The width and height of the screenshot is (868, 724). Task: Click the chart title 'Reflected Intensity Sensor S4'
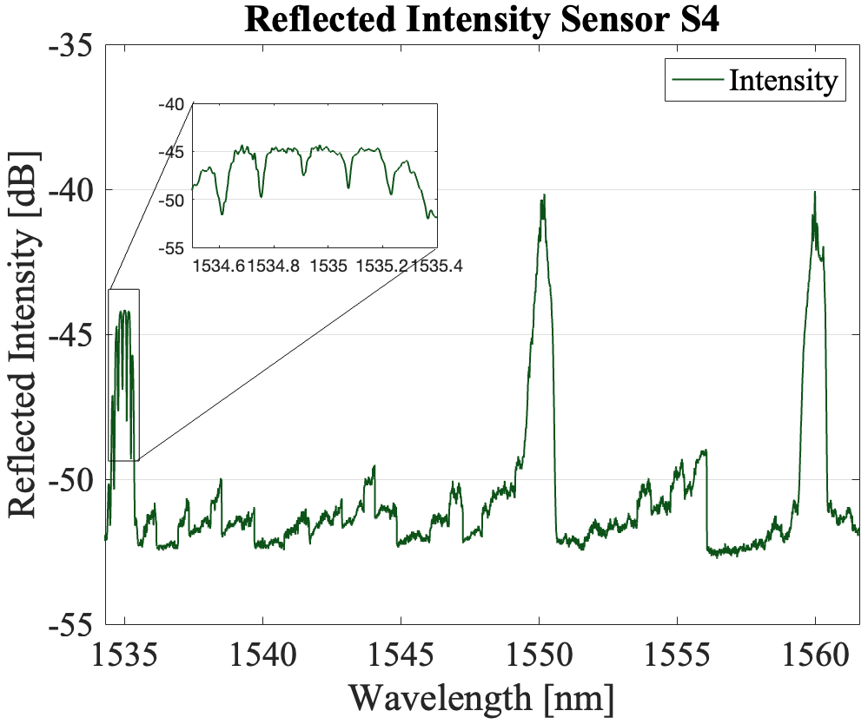482,19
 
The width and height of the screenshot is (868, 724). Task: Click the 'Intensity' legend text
783,81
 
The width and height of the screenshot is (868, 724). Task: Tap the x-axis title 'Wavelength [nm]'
482,697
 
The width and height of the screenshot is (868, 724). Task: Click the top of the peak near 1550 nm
543,195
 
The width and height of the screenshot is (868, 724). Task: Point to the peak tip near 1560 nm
815,193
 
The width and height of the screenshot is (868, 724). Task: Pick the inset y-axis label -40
174,104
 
